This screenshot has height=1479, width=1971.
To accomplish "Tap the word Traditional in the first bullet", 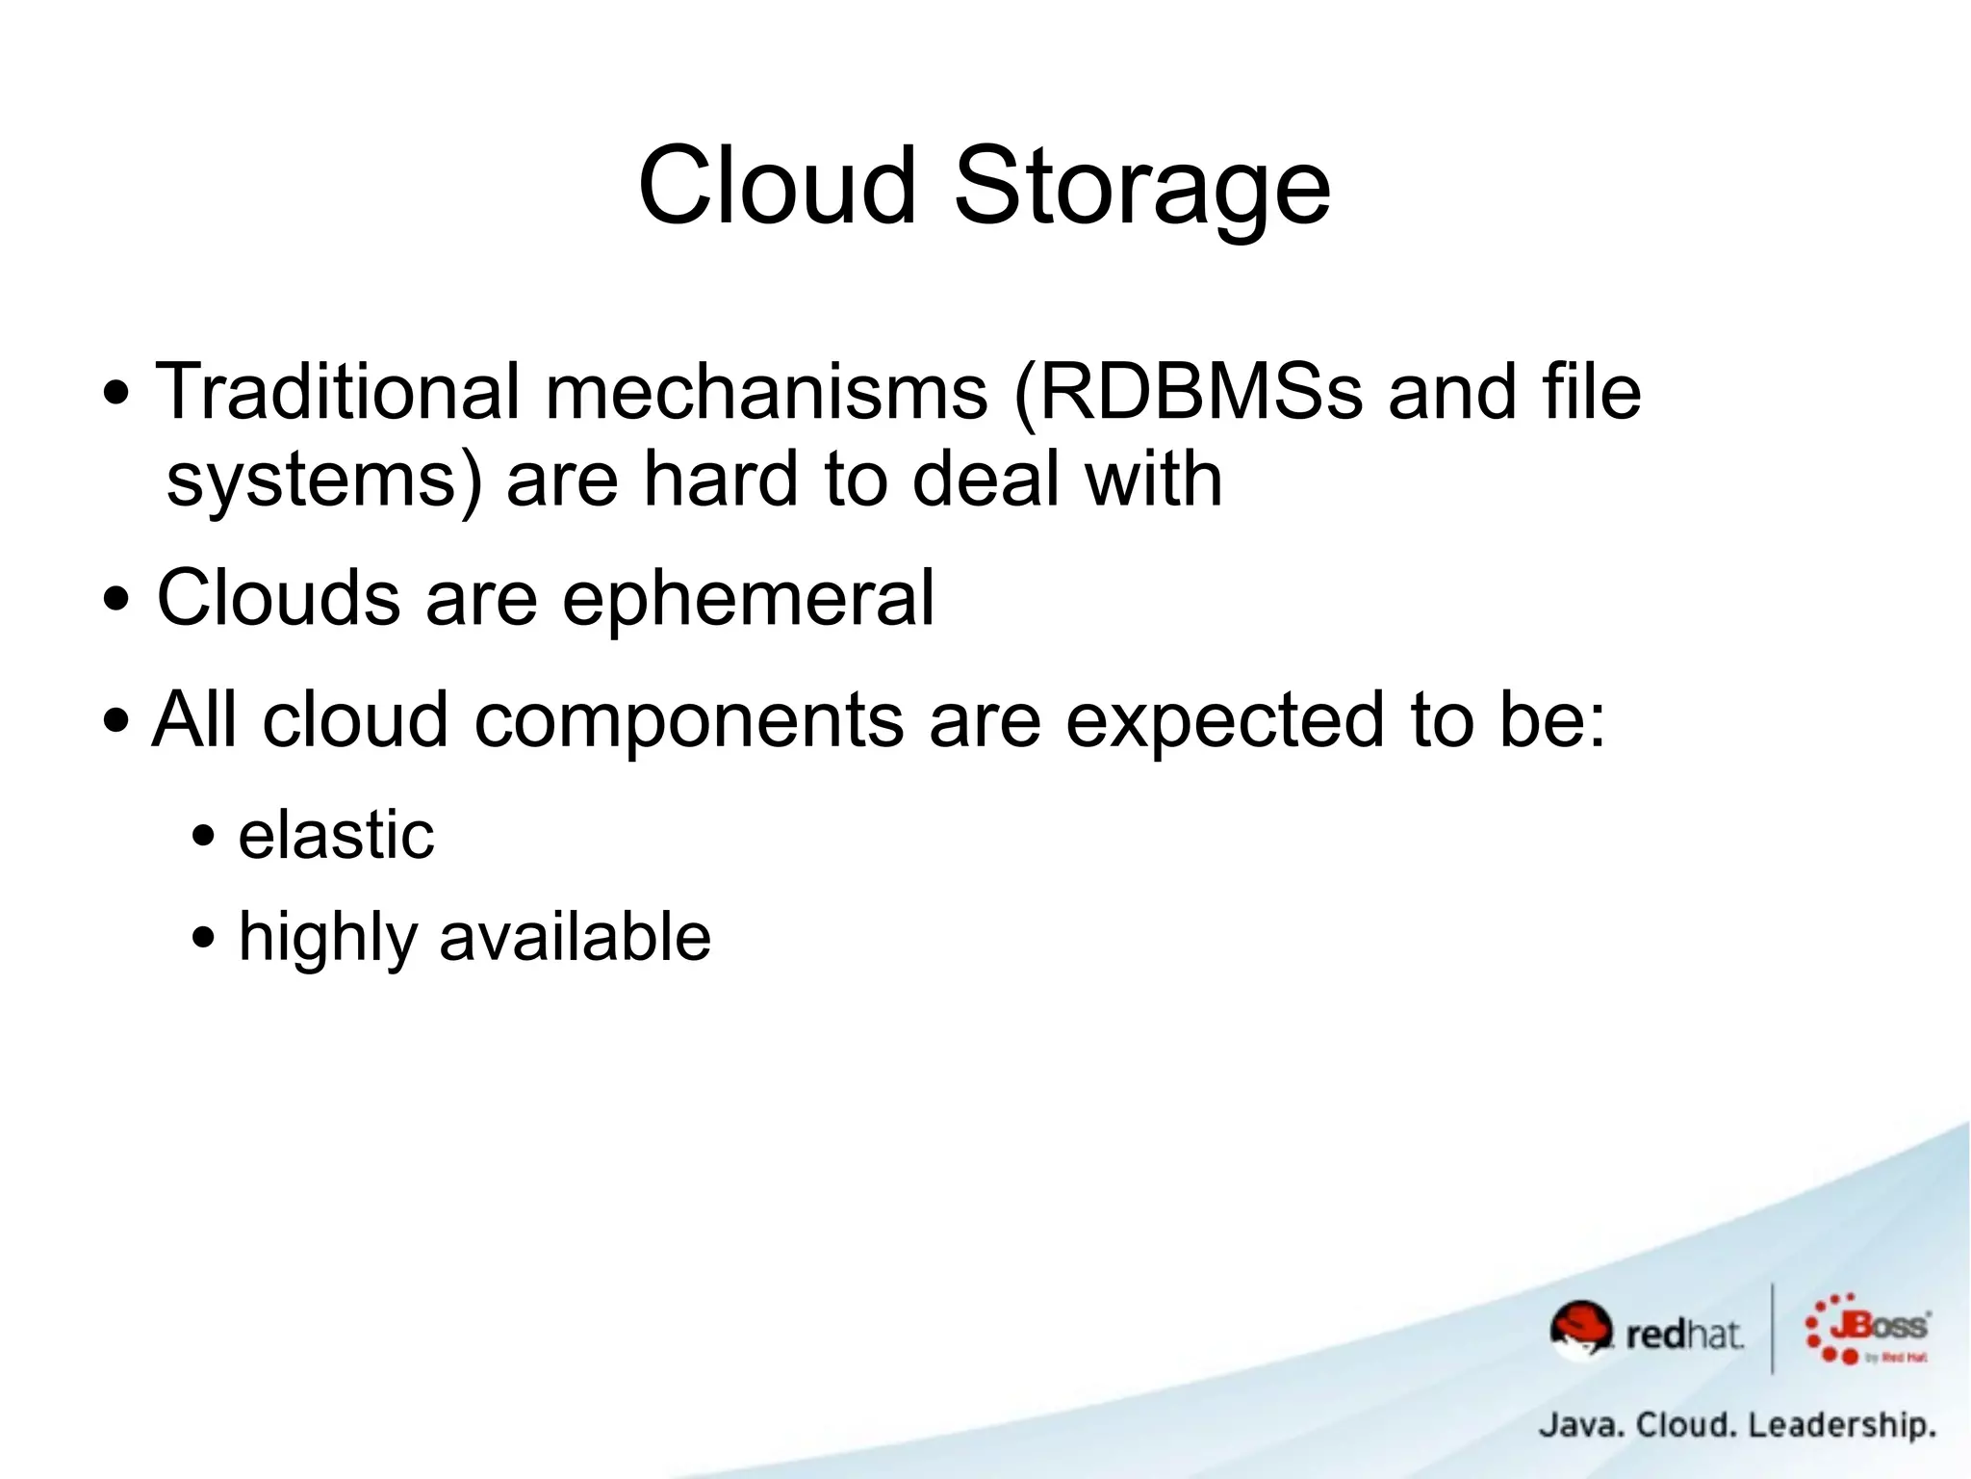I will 338,392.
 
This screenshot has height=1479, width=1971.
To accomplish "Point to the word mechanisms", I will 766,392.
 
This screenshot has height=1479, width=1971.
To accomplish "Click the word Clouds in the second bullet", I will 278,598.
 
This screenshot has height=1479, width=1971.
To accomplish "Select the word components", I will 689,720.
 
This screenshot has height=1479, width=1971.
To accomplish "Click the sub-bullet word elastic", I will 336,835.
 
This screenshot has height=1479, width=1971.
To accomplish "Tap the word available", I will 575,936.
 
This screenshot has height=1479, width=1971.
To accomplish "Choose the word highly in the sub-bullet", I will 328,938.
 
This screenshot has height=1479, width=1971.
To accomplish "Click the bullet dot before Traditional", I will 116,394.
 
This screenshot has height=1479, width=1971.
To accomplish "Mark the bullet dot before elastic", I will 203,835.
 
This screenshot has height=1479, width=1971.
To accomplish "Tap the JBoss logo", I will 1869,1330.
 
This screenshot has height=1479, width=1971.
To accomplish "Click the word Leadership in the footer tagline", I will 1840,1425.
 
